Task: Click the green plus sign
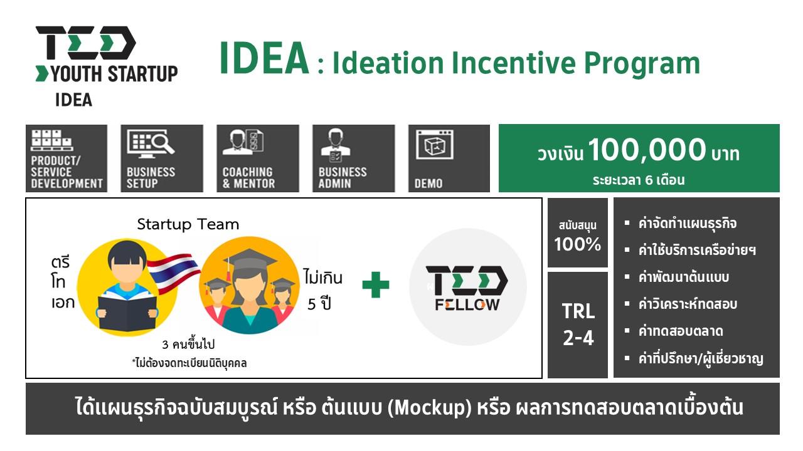pos(375,284)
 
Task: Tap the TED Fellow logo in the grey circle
pos(467,288)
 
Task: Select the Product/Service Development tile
pos(66,158)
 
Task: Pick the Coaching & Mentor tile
pos(258,158)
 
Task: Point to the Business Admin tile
pos(353,158)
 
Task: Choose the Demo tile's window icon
pos(435,145)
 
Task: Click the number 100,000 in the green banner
pos(647,150)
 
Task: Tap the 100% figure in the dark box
pos(578,244)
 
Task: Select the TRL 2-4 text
pos(578,324)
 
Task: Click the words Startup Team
pos(188,224)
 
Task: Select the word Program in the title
pos(642,64)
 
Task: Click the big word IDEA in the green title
pos(264,58)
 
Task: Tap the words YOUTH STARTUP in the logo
pos(114,74)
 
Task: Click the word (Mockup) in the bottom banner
pos(429,408)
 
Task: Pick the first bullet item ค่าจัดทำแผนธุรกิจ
pos(687,224)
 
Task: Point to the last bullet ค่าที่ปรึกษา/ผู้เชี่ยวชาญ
pos(701,359)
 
